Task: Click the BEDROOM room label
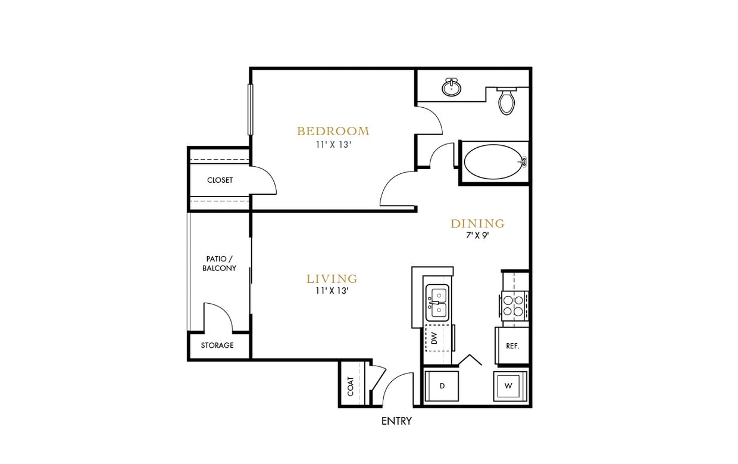pyautogui.click(x=333, y=131)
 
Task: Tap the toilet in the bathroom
pyautogui.click(x=506, y=101)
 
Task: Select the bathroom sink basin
pyautogui.click(x=452, y=88)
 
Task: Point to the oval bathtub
pyautogui.click(x=492, y=162)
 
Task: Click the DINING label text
pyautogui.click(x=477, y=224)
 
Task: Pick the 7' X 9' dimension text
pyautogui.click(x=477, y=235)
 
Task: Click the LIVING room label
pyautogui.click(x=332, y=279)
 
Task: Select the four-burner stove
pyautogui.click(x=514, y=305)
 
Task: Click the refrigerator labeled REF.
pyautogui.click(x=512, y=345)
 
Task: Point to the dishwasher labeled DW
pyautogui.click(x=434, y=338)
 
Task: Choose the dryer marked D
pyautogui.click(x=442, y=386)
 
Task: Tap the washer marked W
pyautogui.click(x=509, y=386)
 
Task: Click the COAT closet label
pyautogui.click(x=351, y=386)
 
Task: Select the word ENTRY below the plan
pyautogui.click(x=396, y=421)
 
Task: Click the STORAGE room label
pyautogui.click(x=217, y=345)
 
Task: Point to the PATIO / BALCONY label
pyautogui.click(x=219, y=264)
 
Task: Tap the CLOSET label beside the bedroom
pyautogui.click(x=220, y=180)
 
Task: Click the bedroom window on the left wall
pyautogui.click(x=251, y=109)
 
